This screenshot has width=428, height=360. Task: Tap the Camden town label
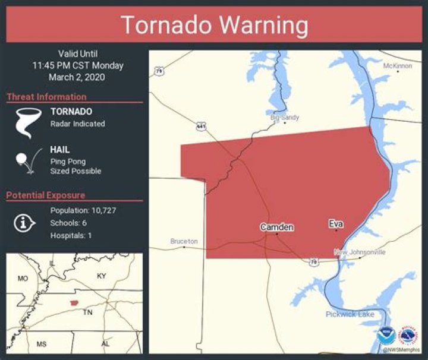(276, 227)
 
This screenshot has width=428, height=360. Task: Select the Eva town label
(336, 224)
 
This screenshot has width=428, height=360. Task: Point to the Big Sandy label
(285, 118)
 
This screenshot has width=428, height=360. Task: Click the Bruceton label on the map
(184, 241)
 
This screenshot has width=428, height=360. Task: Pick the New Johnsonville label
(360, 252)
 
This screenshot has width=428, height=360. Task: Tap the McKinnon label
(397, 66)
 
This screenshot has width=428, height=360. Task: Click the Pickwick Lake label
(350, 314)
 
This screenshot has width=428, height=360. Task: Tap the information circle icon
(23, 223)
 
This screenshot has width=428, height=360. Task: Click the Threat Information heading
(46, 97)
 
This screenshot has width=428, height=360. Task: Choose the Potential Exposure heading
(46, 195)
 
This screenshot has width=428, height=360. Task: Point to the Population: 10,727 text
(83, 211)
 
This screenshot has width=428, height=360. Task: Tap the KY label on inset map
(102, 276)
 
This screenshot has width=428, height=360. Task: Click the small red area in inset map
(74, 303)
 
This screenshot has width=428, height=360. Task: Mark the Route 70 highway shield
(313, 261)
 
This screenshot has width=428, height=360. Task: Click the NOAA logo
(385, 335)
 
